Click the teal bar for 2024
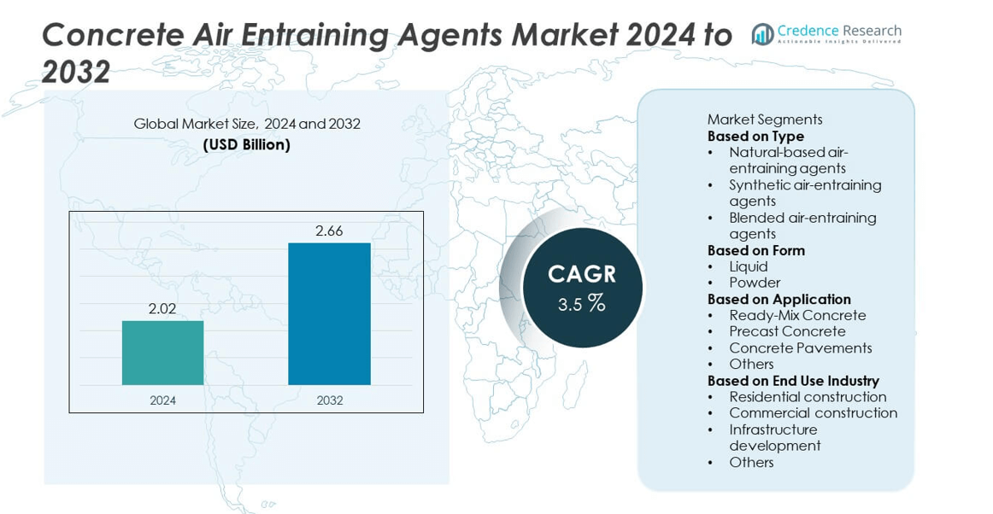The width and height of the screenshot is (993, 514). coord(162,353)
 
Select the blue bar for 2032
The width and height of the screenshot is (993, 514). coord(329,313)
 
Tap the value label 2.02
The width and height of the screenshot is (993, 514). coord(162,309)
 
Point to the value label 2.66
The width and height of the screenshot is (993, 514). coord(329,231)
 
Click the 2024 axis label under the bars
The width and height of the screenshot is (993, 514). coord(162,400)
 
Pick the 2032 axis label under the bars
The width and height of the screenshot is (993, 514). coord(329,400)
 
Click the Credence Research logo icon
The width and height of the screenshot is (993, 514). coord(761,34)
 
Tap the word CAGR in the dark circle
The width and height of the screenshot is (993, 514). coord(581,274)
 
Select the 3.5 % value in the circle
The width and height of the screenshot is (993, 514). coord(581,303)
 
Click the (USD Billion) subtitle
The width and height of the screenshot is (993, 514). coord(246,145)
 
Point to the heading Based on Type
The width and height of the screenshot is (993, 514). coord(755,136)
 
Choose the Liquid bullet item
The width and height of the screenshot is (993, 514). coord(748,266)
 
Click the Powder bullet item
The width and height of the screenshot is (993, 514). coord(755,283)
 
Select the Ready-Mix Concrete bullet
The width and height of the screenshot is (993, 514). coord(797,315)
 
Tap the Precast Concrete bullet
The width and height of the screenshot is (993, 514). coord(787,331)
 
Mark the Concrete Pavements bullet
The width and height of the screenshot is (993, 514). coord(800,348)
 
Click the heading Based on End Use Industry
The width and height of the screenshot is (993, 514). coord(793,381)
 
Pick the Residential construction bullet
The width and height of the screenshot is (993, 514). coord(808,397)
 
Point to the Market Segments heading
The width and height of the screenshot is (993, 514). coord(765,120)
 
